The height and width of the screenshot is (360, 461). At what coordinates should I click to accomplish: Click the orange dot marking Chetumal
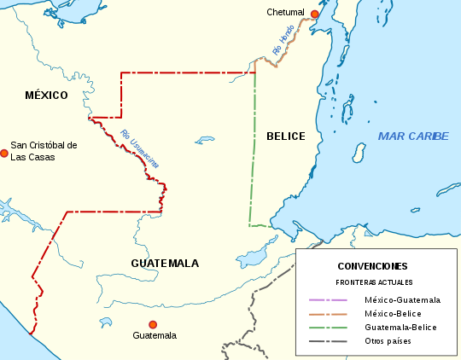coord(315,15)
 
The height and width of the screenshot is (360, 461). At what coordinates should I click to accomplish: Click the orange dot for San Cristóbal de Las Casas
coord(4,153)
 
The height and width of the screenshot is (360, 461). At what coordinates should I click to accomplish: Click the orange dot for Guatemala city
coord(153,324)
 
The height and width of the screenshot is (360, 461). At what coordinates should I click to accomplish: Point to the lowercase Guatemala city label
coord(155,336)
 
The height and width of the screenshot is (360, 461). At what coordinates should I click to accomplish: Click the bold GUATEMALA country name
coord(165,263)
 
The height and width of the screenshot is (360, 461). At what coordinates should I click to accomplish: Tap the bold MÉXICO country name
coord(46,95)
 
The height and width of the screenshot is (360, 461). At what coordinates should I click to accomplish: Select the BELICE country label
coord(285,136)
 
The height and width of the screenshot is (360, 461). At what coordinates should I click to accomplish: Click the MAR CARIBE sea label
coord(413,136)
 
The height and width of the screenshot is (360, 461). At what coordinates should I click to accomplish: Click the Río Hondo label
coord(283,41)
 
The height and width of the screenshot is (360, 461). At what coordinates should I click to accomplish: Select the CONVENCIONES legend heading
coord(372,266)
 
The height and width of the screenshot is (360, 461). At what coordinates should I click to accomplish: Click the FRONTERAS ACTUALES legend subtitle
coord(373,282)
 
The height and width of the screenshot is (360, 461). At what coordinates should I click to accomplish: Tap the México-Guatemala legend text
coord(402,300)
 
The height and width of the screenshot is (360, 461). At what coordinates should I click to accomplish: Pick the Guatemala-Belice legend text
coord(399,328)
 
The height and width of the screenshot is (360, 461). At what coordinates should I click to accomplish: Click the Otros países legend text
coord(388,341)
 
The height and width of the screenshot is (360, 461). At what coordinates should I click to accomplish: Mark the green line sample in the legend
coord(327,328)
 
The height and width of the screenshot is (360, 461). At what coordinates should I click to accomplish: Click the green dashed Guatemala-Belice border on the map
coord(254,154)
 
